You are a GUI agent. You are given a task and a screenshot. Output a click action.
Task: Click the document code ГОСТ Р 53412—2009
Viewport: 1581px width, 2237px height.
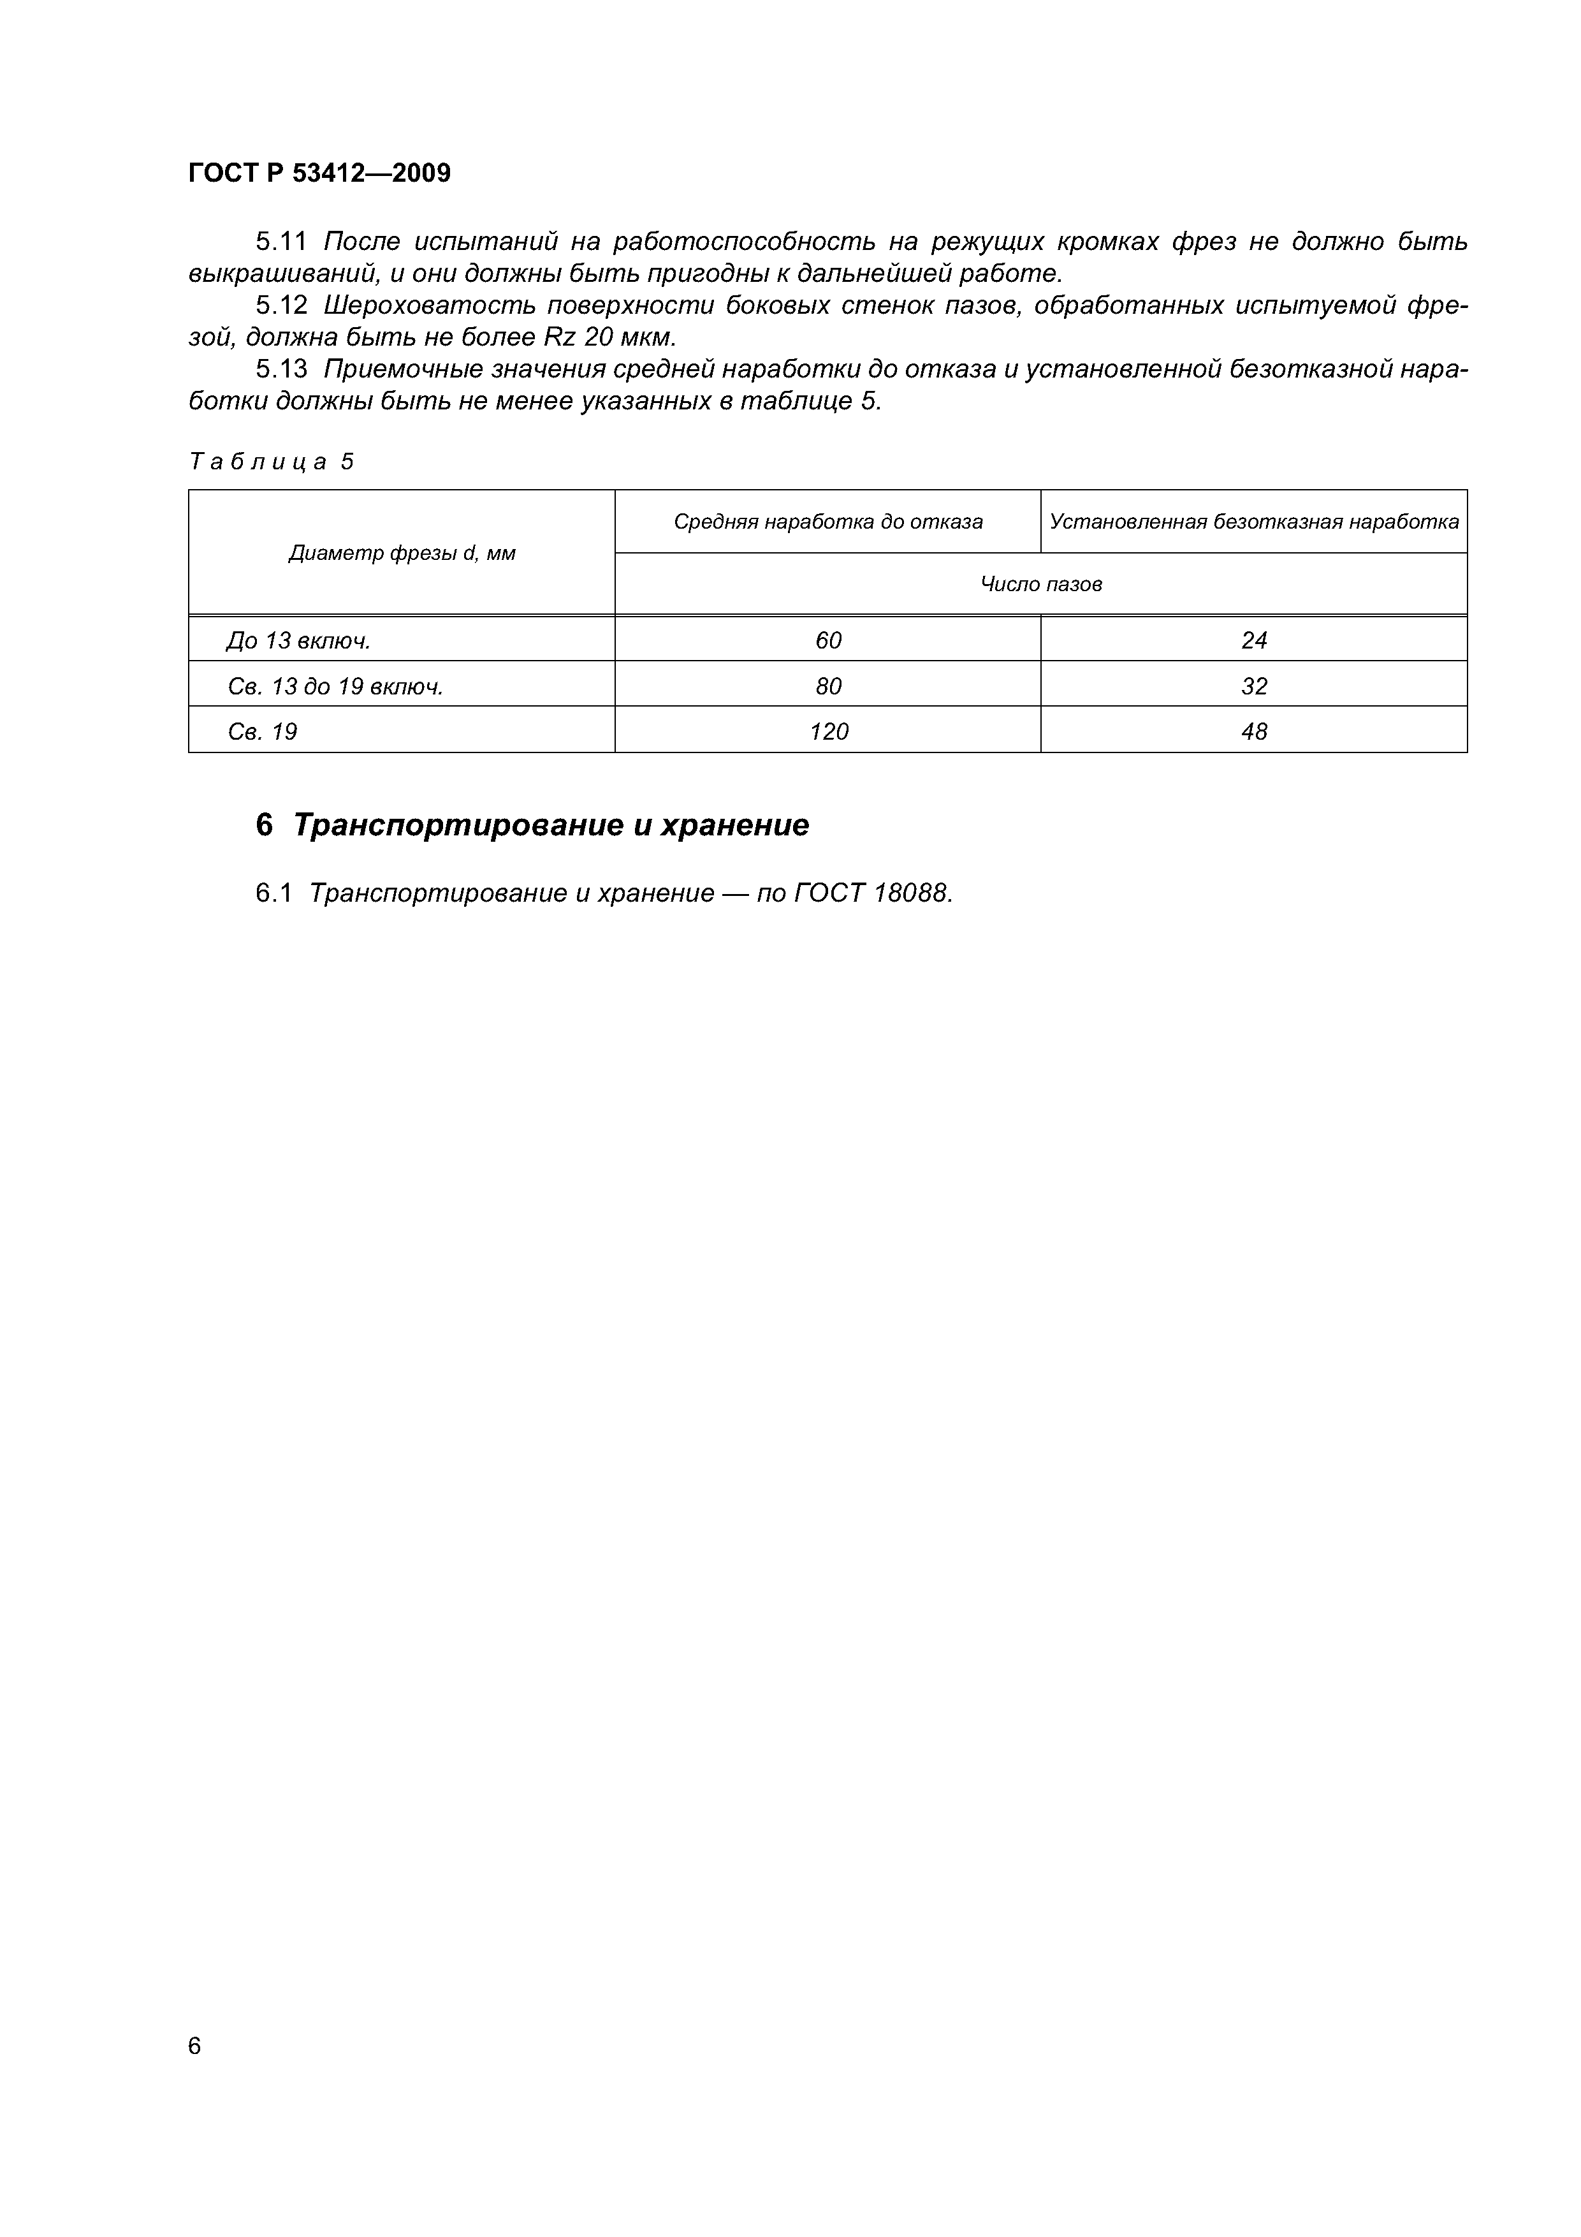319,173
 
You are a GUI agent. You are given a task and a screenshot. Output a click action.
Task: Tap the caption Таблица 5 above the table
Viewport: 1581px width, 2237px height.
271,461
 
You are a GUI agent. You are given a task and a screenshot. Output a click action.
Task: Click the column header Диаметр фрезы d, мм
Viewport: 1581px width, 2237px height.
402,554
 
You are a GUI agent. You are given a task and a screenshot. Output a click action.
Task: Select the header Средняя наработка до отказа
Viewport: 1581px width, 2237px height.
828,522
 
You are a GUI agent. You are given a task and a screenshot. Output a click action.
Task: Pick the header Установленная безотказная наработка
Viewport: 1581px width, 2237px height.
1254,522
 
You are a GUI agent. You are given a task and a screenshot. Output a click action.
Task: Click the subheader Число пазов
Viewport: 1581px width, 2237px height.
1040,585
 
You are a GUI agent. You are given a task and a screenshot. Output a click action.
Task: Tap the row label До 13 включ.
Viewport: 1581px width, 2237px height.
298,640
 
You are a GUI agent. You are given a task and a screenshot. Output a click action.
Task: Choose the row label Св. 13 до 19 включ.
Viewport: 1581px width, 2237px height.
335,687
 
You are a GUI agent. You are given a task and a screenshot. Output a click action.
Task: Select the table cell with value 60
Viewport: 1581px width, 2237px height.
828,640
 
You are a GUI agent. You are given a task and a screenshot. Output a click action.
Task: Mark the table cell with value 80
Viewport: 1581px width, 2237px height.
828,687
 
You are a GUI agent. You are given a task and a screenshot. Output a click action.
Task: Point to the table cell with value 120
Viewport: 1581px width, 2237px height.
828,731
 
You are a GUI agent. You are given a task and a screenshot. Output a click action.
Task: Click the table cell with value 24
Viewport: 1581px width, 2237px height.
1254,640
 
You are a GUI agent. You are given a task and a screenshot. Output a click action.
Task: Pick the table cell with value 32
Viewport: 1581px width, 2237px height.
1254,687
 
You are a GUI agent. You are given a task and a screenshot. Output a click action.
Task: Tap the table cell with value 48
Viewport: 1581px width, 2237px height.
1254,731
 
